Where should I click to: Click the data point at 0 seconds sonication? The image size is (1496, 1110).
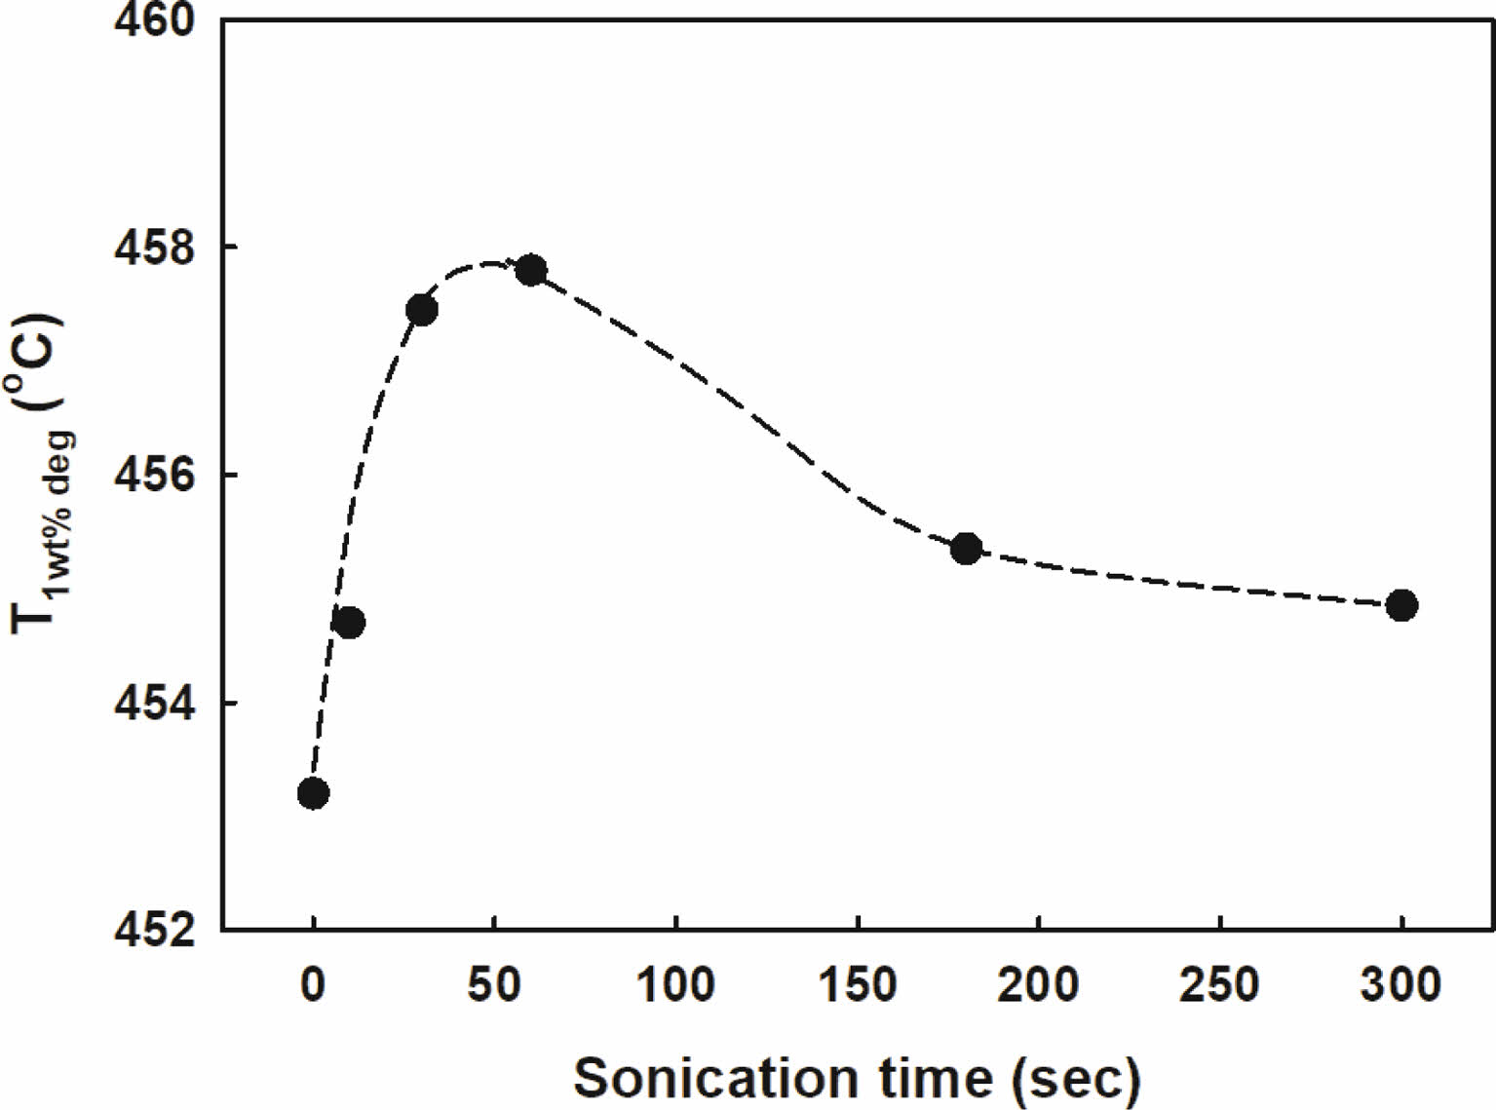(x=313, y=793)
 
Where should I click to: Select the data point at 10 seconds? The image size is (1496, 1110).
(x=349, y=623)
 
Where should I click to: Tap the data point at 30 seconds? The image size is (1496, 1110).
(x=421, y=310)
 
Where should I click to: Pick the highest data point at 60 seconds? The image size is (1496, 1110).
(x=530, y=270)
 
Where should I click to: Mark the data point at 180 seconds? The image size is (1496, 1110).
(x=966, y=549)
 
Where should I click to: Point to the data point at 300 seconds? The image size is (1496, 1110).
(x=1401, y=605)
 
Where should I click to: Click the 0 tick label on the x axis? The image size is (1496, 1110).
(x=313, y=985)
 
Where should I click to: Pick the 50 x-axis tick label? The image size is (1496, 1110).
(x=494, y=985)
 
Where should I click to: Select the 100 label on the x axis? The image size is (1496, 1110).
(x=675, y=985)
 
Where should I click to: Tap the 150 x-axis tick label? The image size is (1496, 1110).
(x=858, y=985)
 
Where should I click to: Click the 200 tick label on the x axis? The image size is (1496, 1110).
(x=1039, y=985)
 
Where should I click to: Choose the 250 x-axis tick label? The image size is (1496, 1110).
(x=1220, y=985)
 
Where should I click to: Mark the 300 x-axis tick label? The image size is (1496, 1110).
(x=1401, y=985)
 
